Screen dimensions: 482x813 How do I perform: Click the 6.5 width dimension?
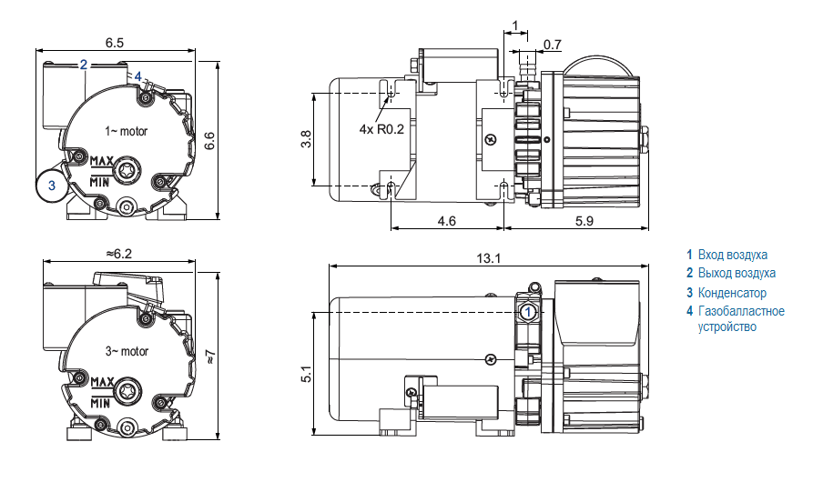click(115, 43)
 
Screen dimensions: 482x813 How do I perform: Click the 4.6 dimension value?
click(447, 221)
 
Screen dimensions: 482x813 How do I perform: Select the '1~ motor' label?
click(126, 132)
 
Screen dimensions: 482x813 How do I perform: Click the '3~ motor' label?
click(127, 351)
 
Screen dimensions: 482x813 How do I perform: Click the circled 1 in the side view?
click(528, 311)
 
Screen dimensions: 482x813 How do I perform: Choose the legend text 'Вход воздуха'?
click(733, 255)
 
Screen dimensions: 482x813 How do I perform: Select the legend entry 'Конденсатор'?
click(732, 293)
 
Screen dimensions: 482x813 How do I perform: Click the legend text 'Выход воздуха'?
click(737, 273)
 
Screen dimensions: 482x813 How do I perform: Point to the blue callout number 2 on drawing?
click(83, 64)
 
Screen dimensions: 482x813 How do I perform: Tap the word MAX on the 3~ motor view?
click(100, 380)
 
